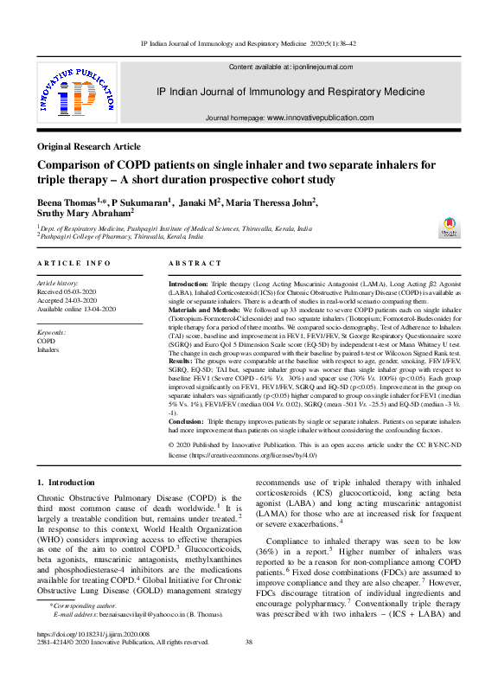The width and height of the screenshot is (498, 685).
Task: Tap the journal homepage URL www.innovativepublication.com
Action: (x=320, y=118)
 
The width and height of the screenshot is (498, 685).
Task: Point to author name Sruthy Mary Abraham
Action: (x=84, y=213)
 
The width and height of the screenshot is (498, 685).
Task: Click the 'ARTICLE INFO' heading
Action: (x=73, y=263)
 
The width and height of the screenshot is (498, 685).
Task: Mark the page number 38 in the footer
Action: (x=249, y=666)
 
